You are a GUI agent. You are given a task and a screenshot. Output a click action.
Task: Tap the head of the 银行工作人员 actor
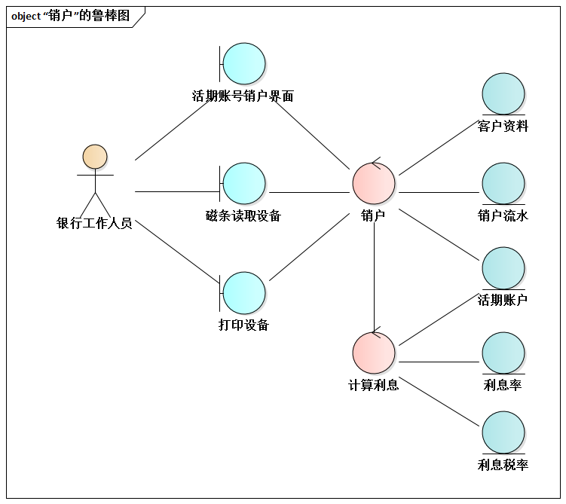pyautogui.click(x=95, y=157)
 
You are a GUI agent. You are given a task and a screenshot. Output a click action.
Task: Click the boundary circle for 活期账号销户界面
pyautogui.click(x=245, y=64)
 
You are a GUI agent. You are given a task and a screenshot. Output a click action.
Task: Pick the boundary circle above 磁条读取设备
pyautogui.click(x=245, y=183)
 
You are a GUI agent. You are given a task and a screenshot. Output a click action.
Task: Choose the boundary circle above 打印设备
pyautogui.click(x=245, y=293)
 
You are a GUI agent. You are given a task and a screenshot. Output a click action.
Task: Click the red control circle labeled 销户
pyautogui.click(x=374, y=183)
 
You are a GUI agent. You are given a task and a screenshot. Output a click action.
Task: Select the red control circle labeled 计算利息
pyautogui.click(x=374, y=353)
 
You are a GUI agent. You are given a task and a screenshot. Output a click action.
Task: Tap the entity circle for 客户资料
pyautogui.click(x=503, y=94)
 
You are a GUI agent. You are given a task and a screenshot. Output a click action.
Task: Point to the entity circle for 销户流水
pyautogui.click(x=503, y=184)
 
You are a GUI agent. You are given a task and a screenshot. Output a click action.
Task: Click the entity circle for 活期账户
pyautogui.click(x=503, y=268)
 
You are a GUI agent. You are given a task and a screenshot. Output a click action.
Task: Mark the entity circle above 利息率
pyautogui.click(x=503, y=353)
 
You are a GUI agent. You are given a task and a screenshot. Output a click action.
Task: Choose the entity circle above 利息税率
pyautogui.click(x=503, y=432)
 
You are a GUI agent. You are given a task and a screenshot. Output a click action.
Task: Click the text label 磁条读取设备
pyautogui.click(x=243, y=216)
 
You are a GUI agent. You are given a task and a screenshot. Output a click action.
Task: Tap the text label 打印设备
pyautogui.click(x=243, y=325)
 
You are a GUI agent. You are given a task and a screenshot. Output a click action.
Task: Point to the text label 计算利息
pyautogui.click(x=374, y=385)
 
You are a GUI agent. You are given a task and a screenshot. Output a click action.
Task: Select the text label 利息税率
pyautogui.click(x=503, y=465)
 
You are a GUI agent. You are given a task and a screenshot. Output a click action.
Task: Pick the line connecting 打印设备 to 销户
pyautogui.click(x=309, y=247)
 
